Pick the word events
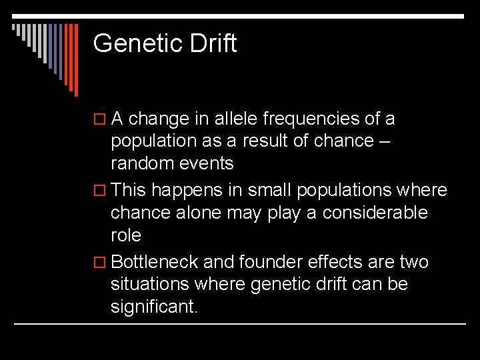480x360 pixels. coord(210,164)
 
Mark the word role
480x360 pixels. coord(125,236)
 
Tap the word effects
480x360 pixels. coord(339,263)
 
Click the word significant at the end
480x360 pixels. coord(154,308)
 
